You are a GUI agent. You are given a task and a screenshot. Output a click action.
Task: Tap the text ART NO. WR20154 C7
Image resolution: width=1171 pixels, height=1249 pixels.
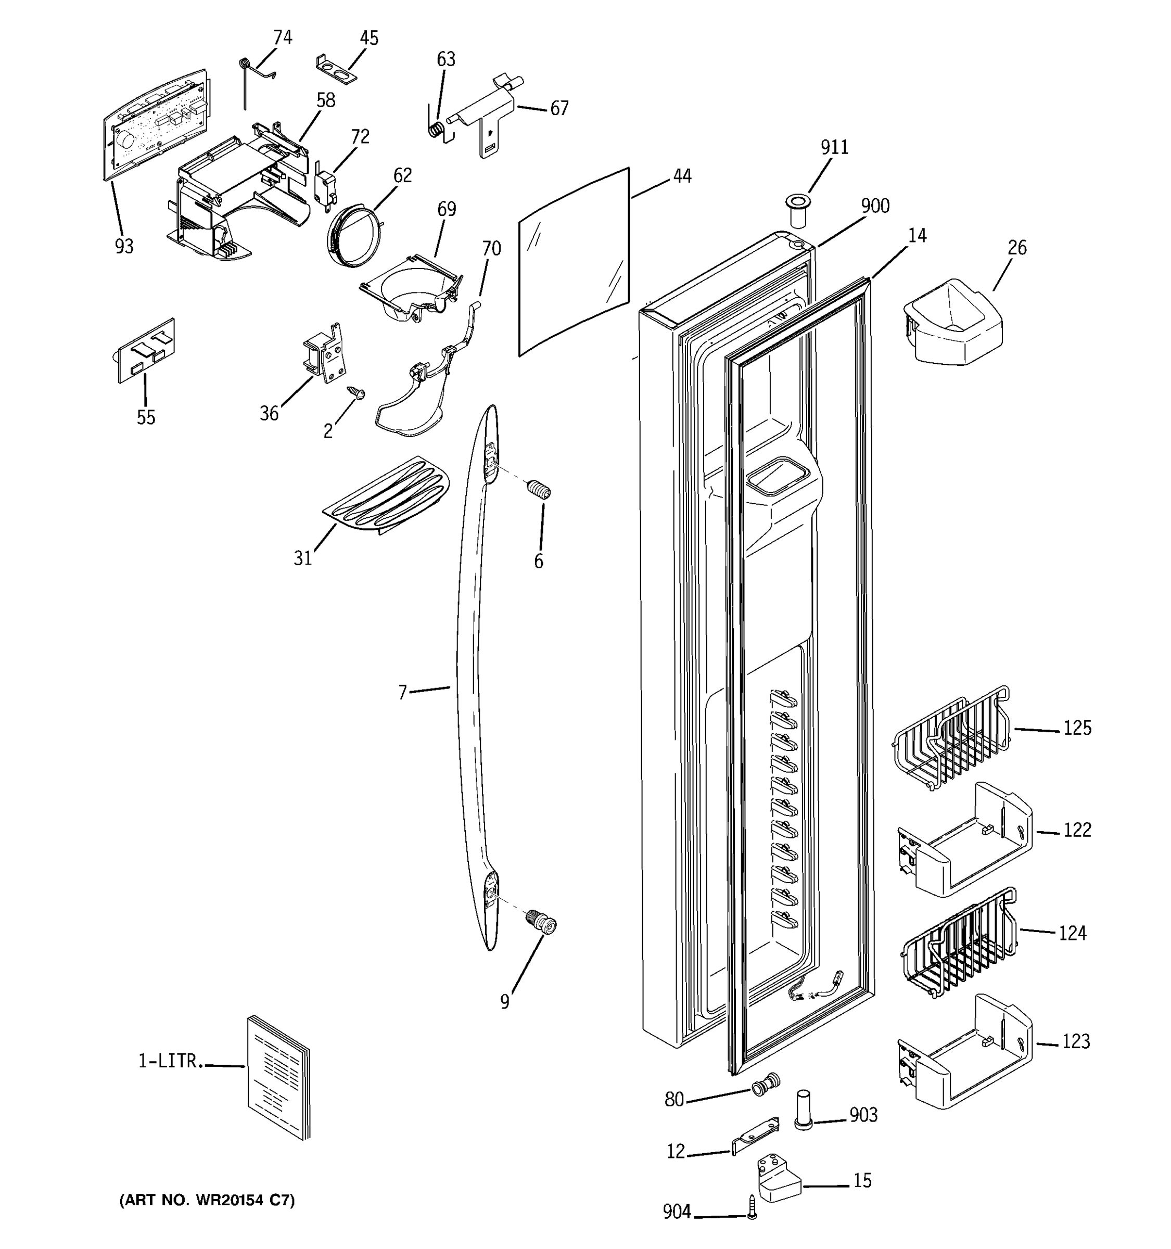tap(207, 1200)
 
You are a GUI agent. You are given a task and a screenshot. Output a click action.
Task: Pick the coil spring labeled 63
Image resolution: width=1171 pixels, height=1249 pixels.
tap(437, 130)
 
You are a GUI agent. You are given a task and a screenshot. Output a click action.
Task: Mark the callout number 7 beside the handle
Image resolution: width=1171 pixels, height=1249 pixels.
tap(403, 692)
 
